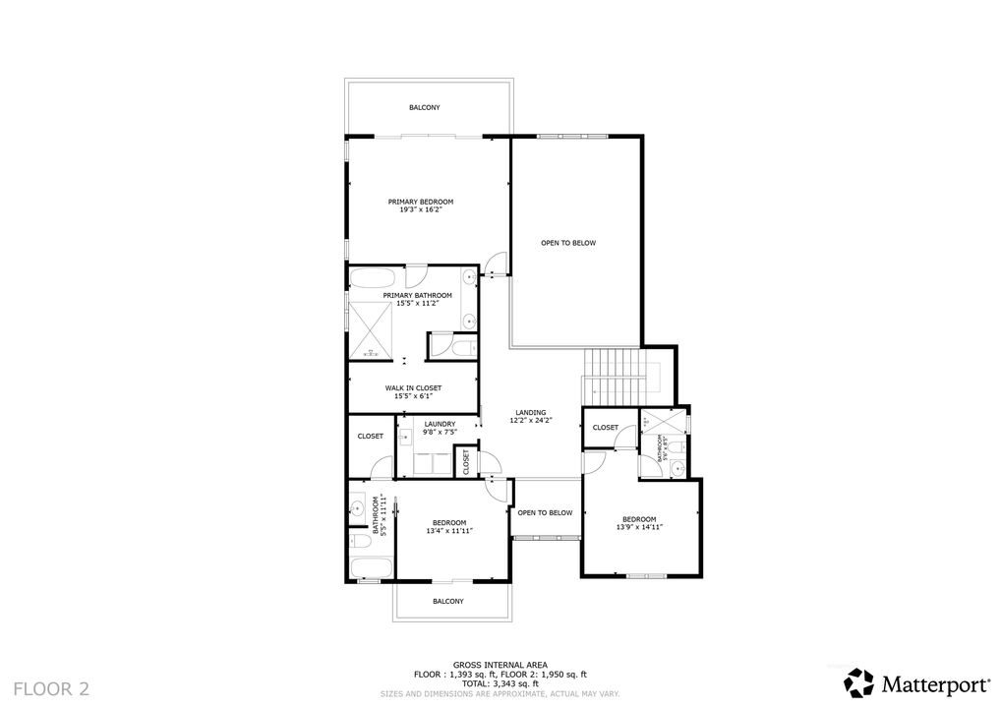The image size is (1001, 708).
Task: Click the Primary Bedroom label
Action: pyautogui.click(x=420, y=202)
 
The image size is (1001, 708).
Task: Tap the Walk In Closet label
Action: pyautogui.click(x=413, y=388)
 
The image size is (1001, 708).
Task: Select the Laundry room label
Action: pyautogui.click(x=440, y=424)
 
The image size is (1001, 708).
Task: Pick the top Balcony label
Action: pyautogui.click(x=425, y=107)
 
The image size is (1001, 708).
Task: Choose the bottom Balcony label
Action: pyautogui.click(x=448, y=601)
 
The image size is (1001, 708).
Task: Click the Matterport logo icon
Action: pyautogui.click(x=859, y=682)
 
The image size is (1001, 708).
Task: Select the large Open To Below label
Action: pyautogui.click(x=568, y=243)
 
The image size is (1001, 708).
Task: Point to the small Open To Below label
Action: pyautogui.click(x=545, y=512)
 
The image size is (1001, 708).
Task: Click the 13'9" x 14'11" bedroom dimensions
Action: pyautogui.click(x=640, y=528)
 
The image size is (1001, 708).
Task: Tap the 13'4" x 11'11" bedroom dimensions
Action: pyautogui.click(x=449, y=531)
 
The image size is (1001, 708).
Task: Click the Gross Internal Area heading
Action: pyautogui.click(x=500, y=665)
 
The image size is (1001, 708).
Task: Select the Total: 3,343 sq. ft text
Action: pyautogui.click(x=500, y=683)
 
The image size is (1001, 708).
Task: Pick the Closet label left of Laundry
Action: pyautogui.click(x=370, y=436)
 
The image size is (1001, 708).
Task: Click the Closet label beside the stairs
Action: pyautogui.click(x=606, y=427)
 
